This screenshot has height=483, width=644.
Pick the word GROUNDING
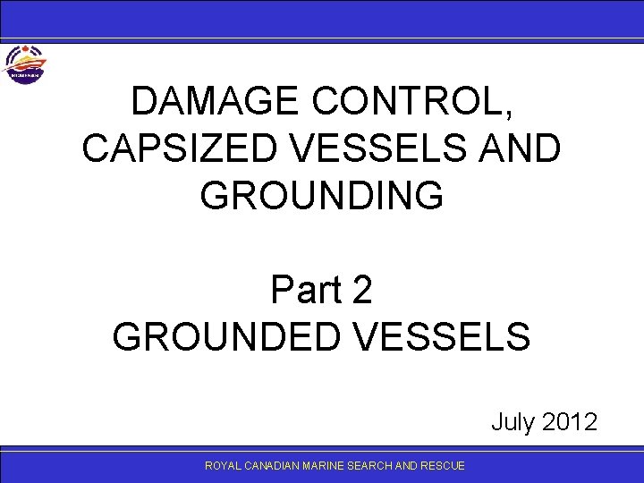[x=322, y=195]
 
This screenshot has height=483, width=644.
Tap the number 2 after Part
[x=362, y=290]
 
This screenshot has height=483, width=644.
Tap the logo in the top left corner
[x=24, y=64]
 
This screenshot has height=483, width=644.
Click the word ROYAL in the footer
[x=219, y=466]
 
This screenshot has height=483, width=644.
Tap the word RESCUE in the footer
[x=443, y=466]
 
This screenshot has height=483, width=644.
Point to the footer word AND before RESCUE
[x=406, y=466]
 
